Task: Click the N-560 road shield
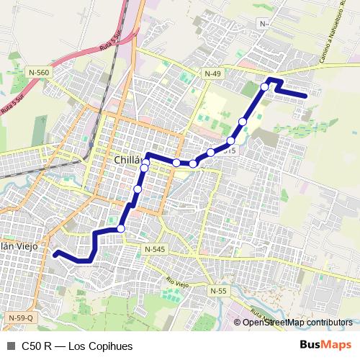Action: click(40, 72)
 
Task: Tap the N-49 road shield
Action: click(212, 73)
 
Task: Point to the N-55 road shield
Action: click(219, 290)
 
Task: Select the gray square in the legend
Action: click(10, 345)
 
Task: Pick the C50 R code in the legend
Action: click(36, 345)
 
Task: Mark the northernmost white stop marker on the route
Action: click(265, 86)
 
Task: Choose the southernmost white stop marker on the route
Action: click(121, 228)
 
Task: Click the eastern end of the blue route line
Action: click(307, 95)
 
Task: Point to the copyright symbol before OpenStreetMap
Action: click(237, 323)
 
